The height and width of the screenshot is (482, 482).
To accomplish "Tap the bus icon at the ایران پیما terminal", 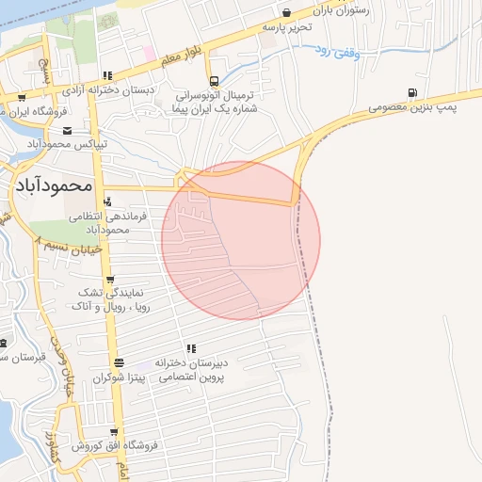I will [215, 82].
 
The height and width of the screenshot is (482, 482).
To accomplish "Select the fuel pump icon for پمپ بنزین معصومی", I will [411, 93].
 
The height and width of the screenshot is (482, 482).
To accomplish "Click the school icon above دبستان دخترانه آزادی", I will [108, 75].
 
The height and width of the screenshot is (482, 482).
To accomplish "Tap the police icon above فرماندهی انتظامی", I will [108, 201].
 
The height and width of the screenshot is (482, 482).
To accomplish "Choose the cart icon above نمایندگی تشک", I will [111, 279].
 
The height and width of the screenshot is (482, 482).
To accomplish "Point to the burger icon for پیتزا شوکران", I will [119, 362].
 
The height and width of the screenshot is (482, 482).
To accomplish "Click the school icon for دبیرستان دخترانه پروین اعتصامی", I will [191, 348].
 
